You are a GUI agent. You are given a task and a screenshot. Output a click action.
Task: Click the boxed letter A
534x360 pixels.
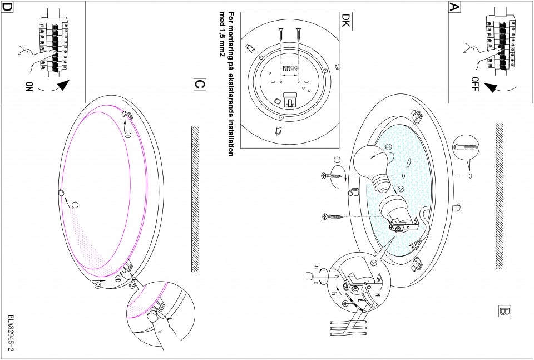(455, 7)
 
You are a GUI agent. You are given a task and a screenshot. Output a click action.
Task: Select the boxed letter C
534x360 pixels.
(199, 84)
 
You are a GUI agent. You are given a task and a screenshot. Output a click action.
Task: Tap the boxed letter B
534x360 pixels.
(505, 310)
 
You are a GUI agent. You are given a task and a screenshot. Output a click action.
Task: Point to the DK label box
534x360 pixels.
(345, 21)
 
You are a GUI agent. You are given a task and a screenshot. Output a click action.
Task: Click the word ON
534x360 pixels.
(29, 86)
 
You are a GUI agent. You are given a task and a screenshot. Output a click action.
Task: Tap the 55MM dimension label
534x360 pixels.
(290, 69)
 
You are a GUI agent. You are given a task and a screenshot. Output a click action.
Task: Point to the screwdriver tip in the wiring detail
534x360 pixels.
(335, 276)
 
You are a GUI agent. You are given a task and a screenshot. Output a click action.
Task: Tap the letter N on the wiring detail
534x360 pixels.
(378, 294)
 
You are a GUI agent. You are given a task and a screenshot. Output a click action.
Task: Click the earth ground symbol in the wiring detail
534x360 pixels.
(345, 304)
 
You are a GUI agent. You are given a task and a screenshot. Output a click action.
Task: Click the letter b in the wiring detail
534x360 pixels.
(333, 292)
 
